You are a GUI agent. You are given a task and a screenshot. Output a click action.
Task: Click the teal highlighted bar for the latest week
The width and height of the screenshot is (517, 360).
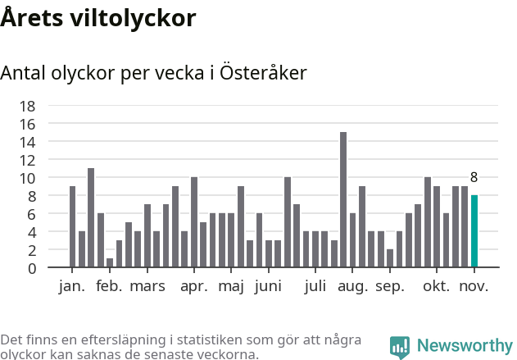click(474, 231)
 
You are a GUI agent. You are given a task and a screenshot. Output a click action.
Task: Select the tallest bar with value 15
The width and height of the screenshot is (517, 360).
click(343, 199)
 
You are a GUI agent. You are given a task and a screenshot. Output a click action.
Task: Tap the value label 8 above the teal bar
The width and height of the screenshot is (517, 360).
click(474, 177)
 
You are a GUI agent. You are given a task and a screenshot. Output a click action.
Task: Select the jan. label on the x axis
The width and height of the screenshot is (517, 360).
click(72, 286)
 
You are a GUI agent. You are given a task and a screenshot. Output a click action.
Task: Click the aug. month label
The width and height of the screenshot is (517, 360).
click(353, 286)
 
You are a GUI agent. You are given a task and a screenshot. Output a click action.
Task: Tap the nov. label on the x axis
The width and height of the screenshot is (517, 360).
click(474, 286)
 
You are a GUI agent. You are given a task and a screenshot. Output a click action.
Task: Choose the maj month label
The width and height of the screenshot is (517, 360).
click(232, 286)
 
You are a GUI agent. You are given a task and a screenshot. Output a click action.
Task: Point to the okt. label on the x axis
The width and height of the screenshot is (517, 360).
click(436, 286)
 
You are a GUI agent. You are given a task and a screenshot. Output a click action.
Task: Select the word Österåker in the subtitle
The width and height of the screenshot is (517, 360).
click(264, 73)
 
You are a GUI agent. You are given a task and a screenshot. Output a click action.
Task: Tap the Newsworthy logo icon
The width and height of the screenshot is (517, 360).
click(400, 347)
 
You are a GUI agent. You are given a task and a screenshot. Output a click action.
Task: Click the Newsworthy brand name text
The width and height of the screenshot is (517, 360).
click(464, 346)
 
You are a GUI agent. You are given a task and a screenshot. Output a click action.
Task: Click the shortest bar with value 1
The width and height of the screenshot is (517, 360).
click(110, 263)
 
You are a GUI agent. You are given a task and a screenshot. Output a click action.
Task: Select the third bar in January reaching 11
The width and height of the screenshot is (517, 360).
click(91, 218)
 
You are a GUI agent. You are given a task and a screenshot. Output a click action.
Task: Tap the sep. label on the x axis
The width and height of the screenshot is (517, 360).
click(390, 286)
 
